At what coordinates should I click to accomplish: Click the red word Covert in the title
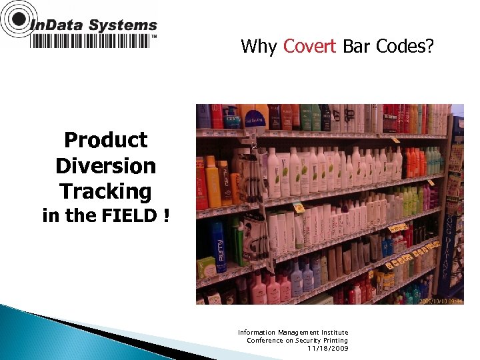click(309, 46)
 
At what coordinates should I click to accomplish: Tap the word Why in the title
click(259, 47)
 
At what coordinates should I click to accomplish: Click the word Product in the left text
click(105, 140)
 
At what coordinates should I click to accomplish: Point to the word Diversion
click(105, 165)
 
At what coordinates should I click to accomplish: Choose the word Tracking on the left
click(105, 191)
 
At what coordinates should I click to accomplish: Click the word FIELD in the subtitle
click(125, 216)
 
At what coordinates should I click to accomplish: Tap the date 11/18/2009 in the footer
click(327, 348)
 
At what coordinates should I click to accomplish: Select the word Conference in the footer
click(265, 340)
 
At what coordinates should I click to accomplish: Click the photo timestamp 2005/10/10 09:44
click(440, 301)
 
